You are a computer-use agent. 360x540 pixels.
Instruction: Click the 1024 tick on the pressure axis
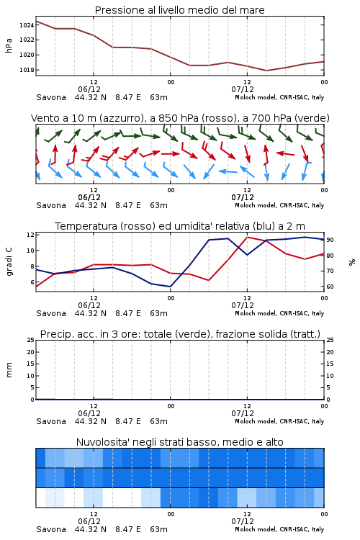point(27,25)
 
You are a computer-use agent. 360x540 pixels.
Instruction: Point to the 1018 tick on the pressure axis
point(27,70)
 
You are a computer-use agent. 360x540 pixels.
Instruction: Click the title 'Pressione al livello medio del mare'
point(180,10)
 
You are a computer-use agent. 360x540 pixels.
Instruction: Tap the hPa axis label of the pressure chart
point(9,45)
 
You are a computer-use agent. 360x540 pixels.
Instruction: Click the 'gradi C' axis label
point(9,262)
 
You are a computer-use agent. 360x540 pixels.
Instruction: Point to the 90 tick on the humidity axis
point(330,240)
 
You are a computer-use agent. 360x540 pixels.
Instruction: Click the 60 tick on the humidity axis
point(330,287)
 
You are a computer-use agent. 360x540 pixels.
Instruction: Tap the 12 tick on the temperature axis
point(30,235)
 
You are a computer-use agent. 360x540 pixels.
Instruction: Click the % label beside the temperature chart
point(352,262)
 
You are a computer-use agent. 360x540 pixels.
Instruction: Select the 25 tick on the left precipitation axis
point(30,340)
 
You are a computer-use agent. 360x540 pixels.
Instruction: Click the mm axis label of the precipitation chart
point(9,370)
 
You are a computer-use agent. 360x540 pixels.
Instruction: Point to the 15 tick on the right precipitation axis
point(330,364)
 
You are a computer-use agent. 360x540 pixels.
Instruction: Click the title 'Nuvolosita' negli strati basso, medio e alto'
point(180,442)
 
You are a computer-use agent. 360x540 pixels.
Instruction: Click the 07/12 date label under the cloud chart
point(243,521)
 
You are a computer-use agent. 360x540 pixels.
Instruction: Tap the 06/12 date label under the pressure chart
point(89,89)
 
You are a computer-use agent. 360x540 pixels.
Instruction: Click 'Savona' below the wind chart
point(51,205)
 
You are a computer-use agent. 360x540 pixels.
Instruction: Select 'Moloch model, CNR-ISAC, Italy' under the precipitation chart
point(279,421)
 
